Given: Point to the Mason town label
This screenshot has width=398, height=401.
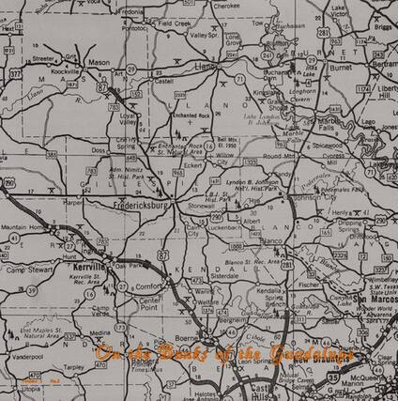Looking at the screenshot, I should click(x=99, y=63).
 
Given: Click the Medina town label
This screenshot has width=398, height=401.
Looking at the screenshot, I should click(x=99, y=332).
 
